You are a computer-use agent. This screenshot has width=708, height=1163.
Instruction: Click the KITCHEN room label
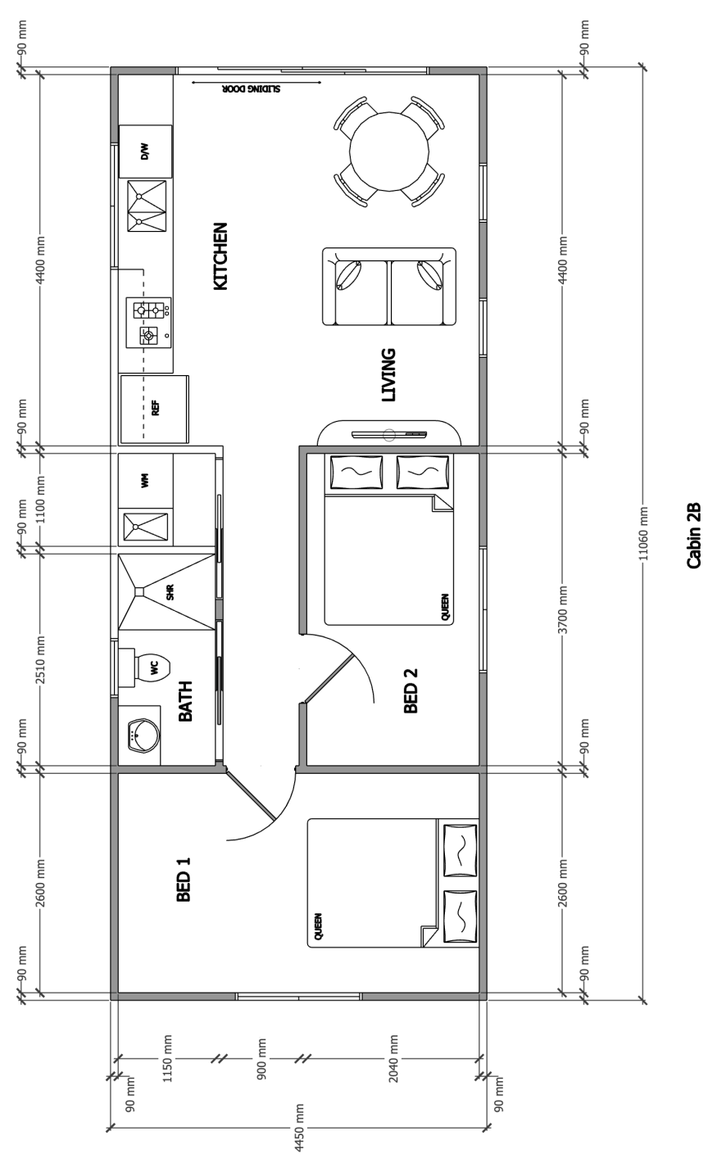point(220,256)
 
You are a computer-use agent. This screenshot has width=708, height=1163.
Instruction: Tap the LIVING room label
point(388,375)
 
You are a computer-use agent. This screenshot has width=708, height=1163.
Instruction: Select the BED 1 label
point(184,880)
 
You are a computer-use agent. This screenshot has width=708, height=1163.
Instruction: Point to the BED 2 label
point(411,690)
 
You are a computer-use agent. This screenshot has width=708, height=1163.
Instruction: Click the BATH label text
point(185,701)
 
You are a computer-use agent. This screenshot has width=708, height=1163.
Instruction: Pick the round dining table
point(389,151)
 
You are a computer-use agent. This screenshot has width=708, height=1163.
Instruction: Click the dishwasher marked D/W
point(145,152)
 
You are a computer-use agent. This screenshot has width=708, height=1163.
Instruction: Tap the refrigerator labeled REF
point(154,410)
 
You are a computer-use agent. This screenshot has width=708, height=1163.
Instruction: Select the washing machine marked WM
point(145,480)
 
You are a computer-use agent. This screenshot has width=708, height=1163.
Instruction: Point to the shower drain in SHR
point(139,591)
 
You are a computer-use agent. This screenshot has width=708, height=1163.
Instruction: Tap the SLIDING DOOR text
point(252,88)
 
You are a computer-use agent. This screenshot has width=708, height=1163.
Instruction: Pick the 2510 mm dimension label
point(40,660)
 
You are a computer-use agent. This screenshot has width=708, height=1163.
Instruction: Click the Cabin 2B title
point(693,536)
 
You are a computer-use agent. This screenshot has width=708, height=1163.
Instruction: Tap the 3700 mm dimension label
point(563,609)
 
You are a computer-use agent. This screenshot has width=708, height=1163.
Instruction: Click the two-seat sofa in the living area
point(389,287)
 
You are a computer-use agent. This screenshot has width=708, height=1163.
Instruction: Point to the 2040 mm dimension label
point(393,1057)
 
